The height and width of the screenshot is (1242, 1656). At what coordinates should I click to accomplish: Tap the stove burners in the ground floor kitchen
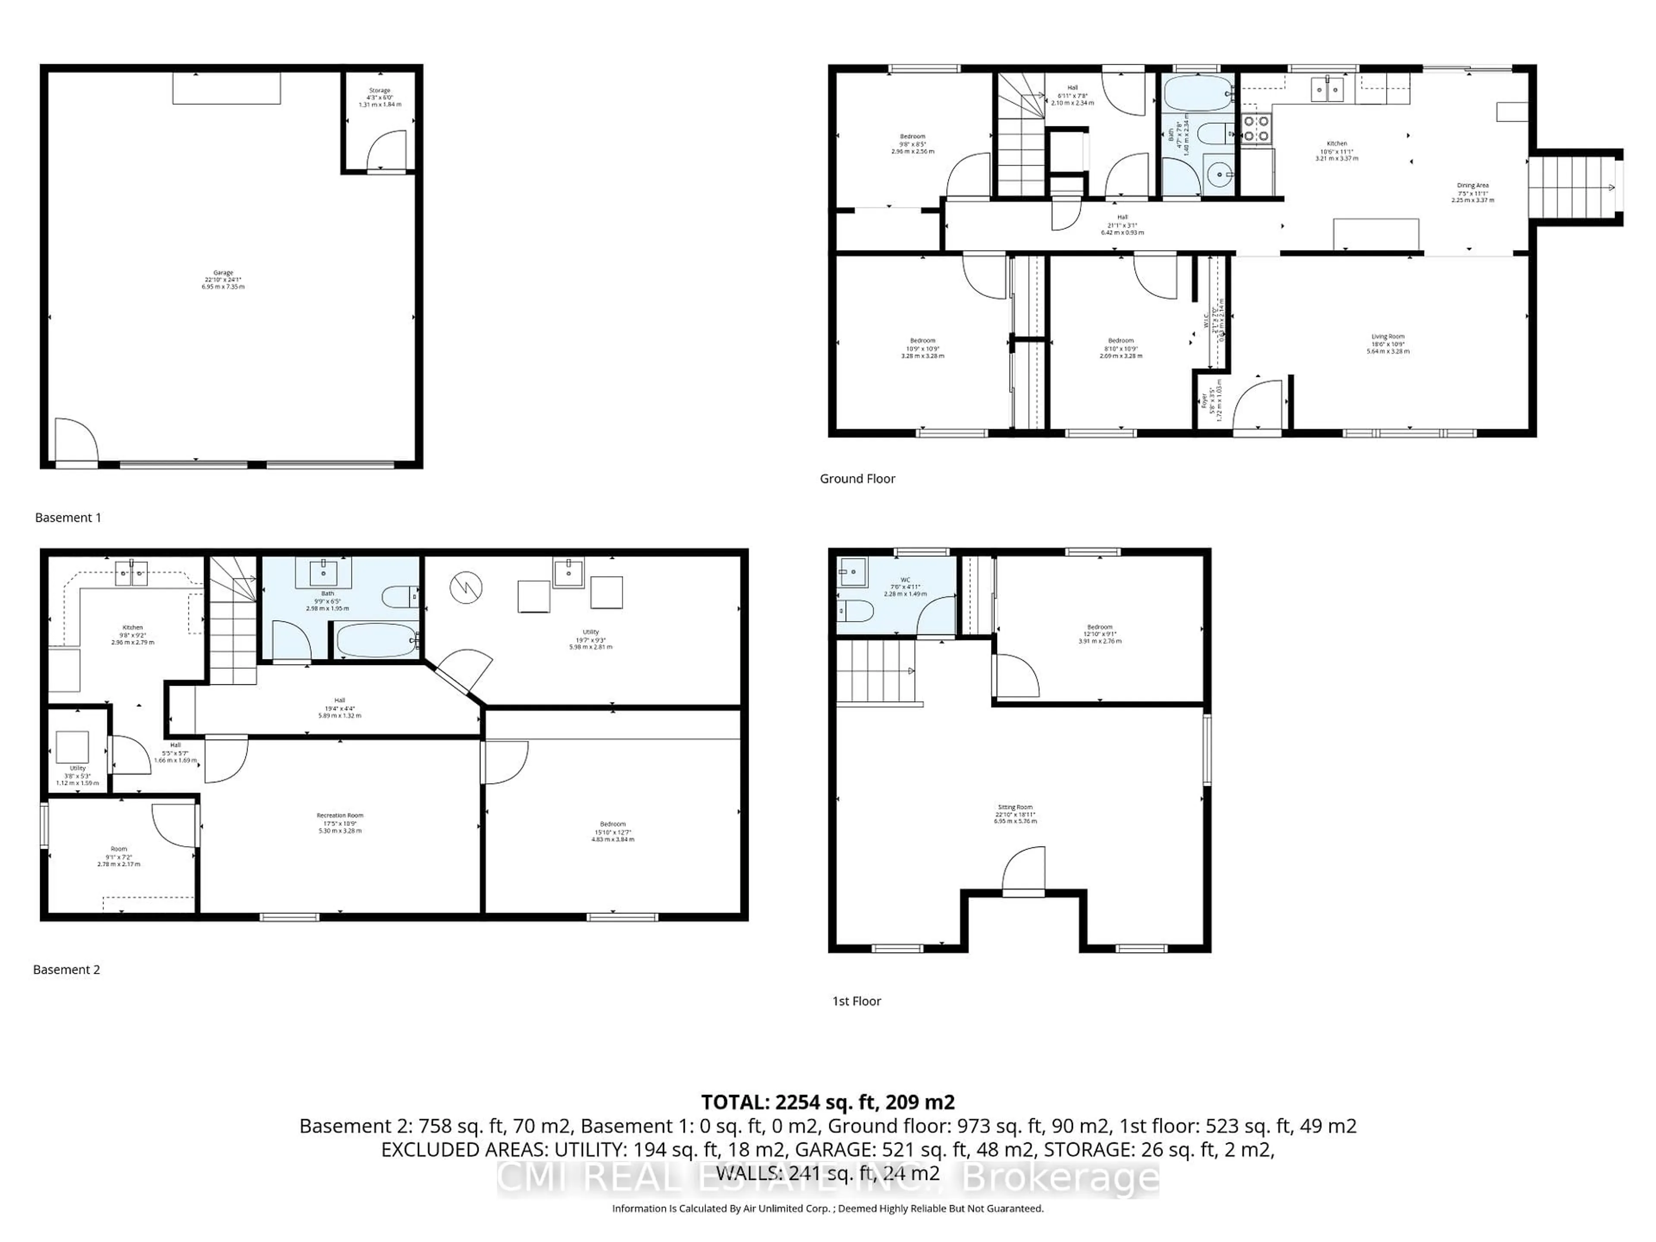coord(1255,128)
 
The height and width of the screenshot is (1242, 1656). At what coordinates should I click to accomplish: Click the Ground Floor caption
coord(857,478)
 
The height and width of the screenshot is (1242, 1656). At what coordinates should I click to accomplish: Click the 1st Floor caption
coord(856,1001)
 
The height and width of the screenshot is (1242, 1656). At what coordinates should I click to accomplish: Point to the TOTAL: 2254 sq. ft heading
coord(827,1102)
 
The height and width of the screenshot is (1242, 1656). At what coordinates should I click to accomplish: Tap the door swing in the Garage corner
coord(75,440)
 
